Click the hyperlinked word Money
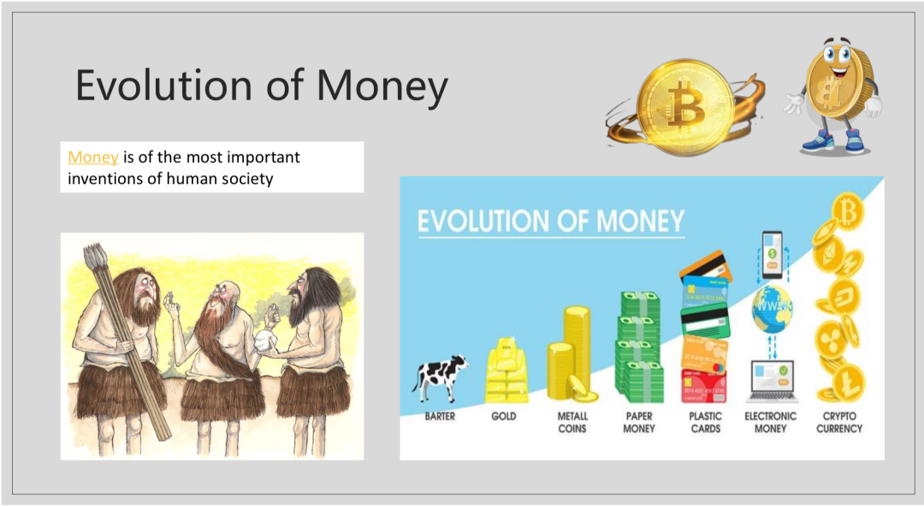(93, 158)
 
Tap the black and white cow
(440, 378)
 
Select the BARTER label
(440, 416)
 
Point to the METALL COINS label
(572, 422)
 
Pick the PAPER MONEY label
(639, 422)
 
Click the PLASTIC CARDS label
(705, 422)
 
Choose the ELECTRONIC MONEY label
(770, 422)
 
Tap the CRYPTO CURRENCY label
(839, 422)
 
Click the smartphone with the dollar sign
(772, 255)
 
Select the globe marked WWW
(772, 308)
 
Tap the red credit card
(703, 385)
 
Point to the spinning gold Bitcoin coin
(686, 107)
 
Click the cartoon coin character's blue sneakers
(836, 141)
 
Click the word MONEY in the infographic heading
(641, 222)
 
